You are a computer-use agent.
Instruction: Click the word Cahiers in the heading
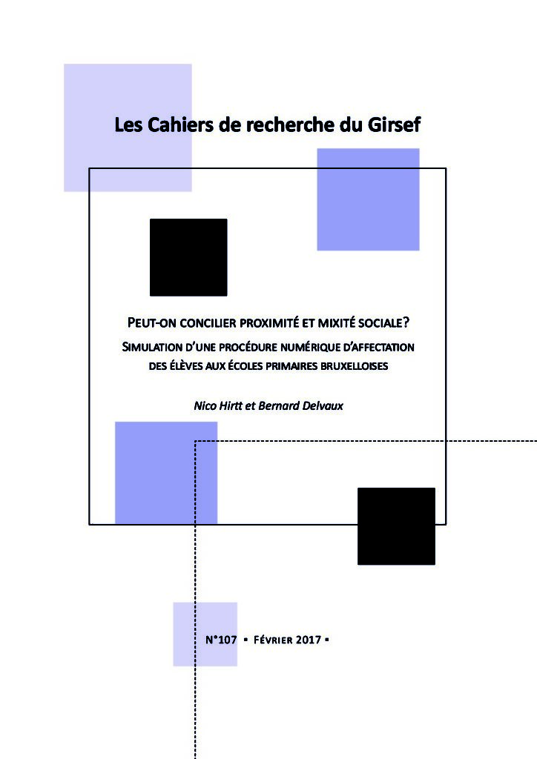tap(177, 125)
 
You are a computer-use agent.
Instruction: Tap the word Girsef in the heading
tap(394, 125)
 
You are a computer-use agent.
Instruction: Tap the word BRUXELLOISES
tap(349, 365)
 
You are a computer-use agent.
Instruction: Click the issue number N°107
tap(221, 639)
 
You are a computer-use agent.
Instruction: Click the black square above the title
tap(188, 257)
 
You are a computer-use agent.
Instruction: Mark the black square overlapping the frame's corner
tap(396, 526)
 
